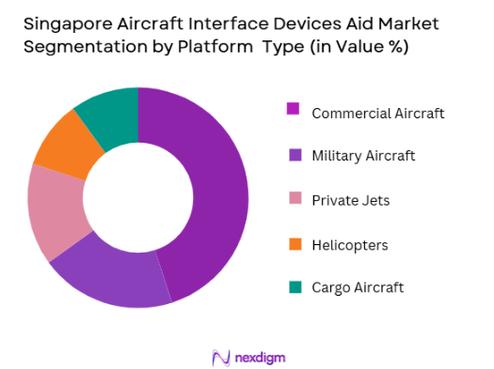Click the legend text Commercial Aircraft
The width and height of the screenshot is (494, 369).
click(377, 113)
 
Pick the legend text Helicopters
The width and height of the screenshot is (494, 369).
click(349, 245)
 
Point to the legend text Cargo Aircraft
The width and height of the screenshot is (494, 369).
click(358, 288)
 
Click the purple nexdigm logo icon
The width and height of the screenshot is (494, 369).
click(222, 357)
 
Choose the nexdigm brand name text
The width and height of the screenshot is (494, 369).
click(262, 357)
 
